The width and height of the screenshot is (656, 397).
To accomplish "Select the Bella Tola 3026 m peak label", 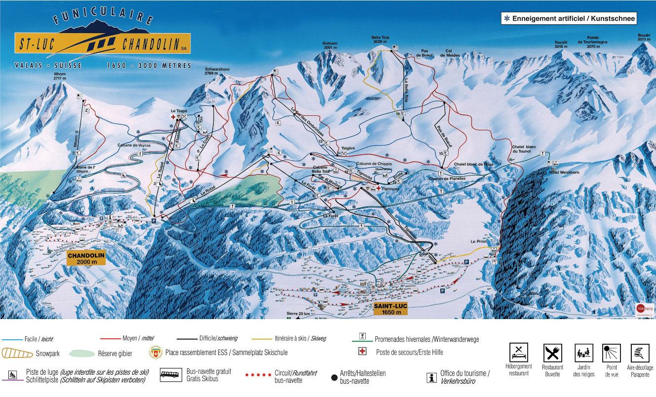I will coord(379,39).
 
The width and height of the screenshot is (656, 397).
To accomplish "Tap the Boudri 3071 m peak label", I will coord(644,38).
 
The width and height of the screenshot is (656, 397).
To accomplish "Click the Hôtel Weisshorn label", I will coord(557,173).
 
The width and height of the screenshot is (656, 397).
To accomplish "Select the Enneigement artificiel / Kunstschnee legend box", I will coord(568,18).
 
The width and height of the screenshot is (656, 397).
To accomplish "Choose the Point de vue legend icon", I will coord(611,353).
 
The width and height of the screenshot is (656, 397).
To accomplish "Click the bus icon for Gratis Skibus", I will coord(171,375).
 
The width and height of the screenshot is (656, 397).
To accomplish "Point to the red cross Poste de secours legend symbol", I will coord(362,352).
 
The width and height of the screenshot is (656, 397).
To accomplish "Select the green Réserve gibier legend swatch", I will coord(81,353).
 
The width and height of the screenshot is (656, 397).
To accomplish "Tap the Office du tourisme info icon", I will coord(432,377).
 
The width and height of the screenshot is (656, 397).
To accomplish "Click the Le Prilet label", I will coord(479,242).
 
